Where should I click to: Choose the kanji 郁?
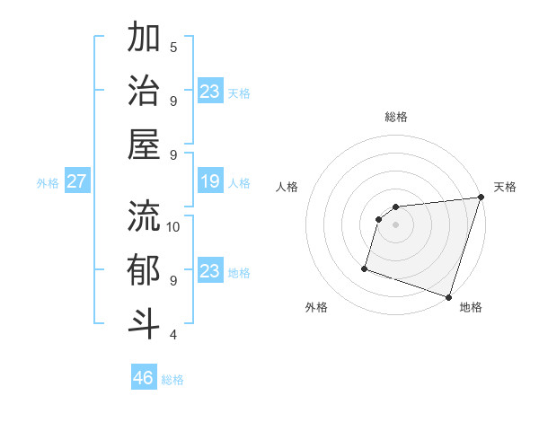[x=144, y=270]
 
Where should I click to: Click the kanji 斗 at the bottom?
[x=144, y=323]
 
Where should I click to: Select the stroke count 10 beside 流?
[x=173, y=226]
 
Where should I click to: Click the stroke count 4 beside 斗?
[x=173, y=335]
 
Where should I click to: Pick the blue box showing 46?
[x=144, y=378]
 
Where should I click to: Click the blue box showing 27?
[x=76, y=182]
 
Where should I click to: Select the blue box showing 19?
[x=209, y=182]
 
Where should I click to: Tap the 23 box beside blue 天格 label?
[x=209, y=92]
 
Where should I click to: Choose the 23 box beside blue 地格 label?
[x=209, y=271]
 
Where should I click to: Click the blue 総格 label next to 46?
[x=172, y=380]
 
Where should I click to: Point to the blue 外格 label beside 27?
[x=48, y=183]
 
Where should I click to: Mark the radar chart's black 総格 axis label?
[x=396, y=117]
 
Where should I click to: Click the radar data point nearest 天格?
[x=481, y=198]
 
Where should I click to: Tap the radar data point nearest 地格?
[x=447, y=296]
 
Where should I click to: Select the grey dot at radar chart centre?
[x=395, y=224]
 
